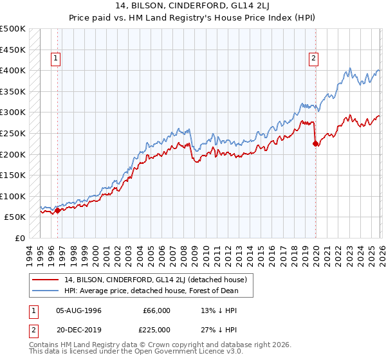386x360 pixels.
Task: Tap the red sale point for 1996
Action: pos(57,210)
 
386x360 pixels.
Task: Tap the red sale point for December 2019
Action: pos(315,144)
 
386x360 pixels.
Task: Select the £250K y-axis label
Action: pos(13,133)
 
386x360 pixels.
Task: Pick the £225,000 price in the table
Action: pos(156,330)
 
